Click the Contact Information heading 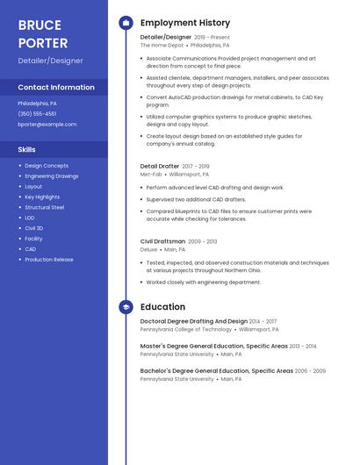coord(56,88)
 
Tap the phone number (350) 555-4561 coord(37,114)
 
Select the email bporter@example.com coord(47,125)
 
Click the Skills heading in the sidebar coord(26,149)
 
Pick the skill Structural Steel coord(44,207)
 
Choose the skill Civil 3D coord(34,228)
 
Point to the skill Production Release coord(49,260)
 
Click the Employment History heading coord(184,23)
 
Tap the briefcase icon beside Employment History coord(126,23)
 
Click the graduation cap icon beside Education coord(126,307)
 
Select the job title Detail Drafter coord(160,166)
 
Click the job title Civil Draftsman coord(162,241)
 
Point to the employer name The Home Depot coord(162,45)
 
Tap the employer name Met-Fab coord(151,175)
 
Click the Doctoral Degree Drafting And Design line coord(194,321)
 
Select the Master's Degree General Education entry coord(213,346)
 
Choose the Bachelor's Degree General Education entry coord(216,370)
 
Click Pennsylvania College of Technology coord(186,330)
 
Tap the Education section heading coord(162,307)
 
